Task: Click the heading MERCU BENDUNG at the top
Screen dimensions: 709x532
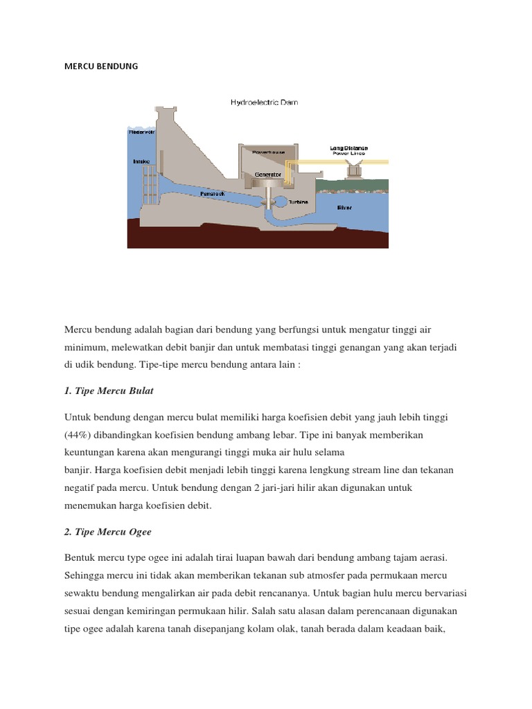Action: pos(101,66)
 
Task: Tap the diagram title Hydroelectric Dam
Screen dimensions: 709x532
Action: pos(264,102)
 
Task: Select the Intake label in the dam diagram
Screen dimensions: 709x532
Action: pos(141,161)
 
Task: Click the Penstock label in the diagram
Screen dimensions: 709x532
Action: pos(212,195)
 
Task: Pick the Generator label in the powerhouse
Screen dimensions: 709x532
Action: pos(268,175)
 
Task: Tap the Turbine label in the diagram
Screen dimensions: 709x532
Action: pos(299,202)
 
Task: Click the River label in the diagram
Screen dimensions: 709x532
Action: pos(344,207)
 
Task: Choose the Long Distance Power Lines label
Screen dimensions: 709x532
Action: pos(350,150)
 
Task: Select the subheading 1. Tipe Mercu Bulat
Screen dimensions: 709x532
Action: pos(109,391)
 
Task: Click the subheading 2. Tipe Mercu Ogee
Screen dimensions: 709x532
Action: pos(108,532)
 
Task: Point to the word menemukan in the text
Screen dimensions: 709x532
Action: pos(91,505)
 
